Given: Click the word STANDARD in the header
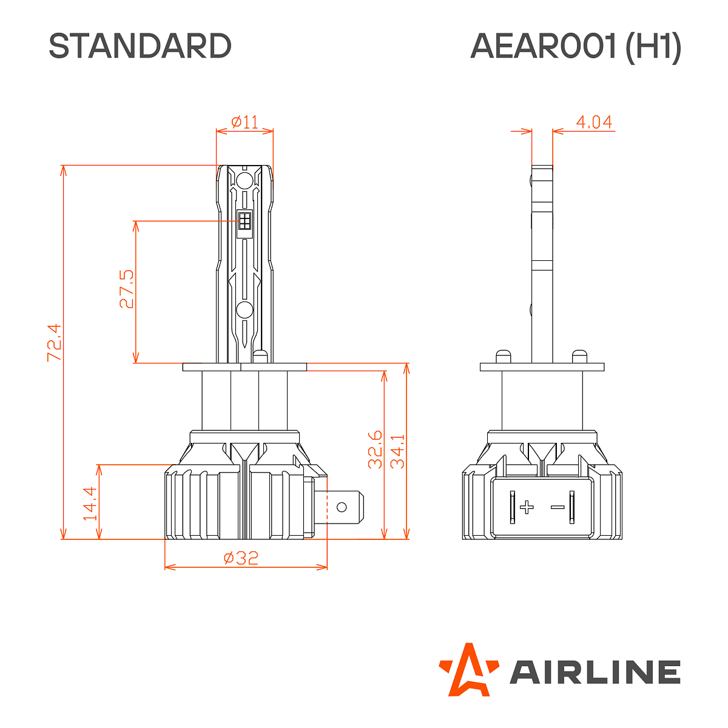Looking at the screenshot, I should pyautogui.click(x=140, y=46).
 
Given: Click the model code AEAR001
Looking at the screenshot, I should pyautogui.click(x=543, y=46).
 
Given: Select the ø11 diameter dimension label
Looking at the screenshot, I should pyautogui.click(x=244, y=122).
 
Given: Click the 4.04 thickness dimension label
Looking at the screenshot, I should pyautogui.click(x=593, y=122).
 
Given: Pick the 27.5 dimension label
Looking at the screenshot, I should pyautogui.click(x=127, y=289).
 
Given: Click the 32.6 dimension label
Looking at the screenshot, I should pyautogui.click(x=376, y=450).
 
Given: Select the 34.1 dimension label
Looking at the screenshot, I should pyautogui.click(x=398, y=451).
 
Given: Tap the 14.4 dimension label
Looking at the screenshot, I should pyautogui.click(x=90, y=504).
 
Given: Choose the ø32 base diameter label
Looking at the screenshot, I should pyautogui.click(x=241, y=558).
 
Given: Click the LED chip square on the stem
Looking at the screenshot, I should pyautogui.click(x=244, y=221).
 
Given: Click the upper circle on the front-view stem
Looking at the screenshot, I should pyautogui.click(x=244, y=180).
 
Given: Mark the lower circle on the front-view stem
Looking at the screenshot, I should pyautogui.click(x=244, y=310).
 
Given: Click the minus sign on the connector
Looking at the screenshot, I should pyautogui.click(x=557, y=507).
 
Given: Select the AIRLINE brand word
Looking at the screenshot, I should pyautogui.click(x=595, y=672).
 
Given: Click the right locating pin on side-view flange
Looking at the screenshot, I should pyautogui.click(x=579, y=356).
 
